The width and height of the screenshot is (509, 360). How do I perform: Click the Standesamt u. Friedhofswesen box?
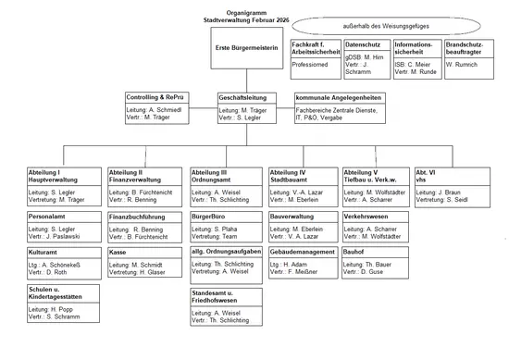tap(223, 306)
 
